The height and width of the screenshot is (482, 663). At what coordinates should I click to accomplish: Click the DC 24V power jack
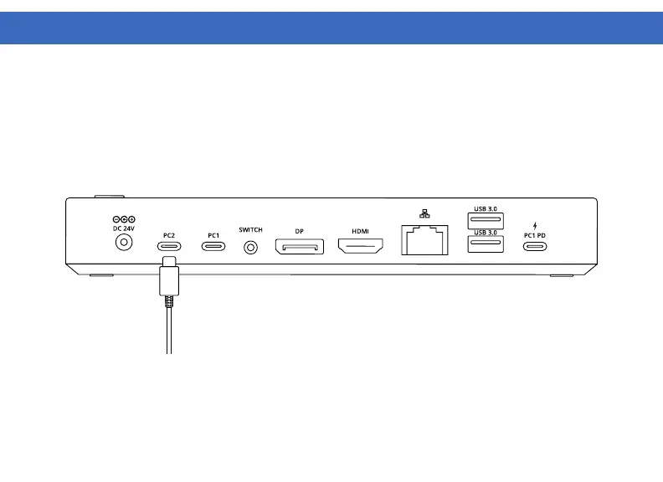(124, 243)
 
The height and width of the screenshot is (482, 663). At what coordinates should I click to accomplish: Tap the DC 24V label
(124, 228)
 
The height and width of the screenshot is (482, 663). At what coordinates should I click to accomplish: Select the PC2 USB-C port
(169, 246)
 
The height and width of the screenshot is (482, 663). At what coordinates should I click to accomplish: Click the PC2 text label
(168, 235)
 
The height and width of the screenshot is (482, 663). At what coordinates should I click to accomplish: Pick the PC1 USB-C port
(213, 246)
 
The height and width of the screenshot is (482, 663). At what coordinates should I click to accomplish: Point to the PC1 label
(213, 235)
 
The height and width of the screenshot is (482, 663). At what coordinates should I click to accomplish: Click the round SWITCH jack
(250, 247)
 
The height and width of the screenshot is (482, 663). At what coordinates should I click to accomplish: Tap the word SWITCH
(250, 230)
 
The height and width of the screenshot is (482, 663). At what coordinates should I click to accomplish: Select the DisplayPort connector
(299, 247)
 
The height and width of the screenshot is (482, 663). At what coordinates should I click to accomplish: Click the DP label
(299, 231)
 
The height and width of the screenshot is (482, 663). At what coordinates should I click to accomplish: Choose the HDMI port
(360, 246)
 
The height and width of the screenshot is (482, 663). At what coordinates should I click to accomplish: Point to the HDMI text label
(360, 231)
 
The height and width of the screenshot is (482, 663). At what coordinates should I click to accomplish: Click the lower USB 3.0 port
(486, 244)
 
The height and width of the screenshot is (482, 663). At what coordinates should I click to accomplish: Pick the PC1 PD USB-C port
(535, 247)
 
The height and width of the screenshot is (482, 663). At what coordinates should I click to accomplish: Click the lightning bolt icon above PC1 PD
(535, 225)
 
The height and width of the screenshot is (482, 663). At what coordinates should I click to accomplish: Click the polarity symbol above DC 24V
(124, 219)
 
